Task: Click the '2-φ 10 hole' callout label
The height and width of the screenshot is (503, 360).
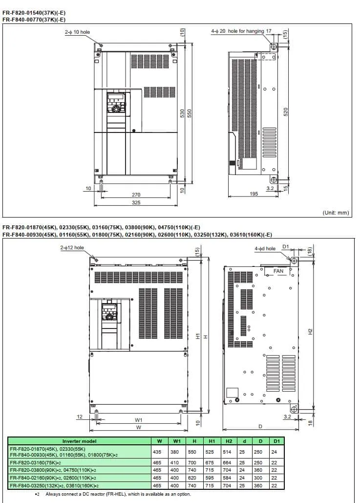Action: (77, 32)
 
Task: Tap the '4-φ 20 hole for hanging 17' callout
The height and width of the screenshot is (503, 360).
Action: (241, 31)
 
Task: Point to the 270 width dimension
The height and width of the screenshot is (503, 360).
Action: (136, 195)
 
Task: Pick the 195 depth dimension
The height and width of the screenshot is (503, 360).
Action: (254, 194)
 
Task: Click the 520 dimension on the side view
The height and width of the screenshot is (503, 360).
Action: (286, 112)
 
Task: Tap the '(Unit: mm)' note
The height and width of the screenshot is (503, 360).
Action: (336, 213)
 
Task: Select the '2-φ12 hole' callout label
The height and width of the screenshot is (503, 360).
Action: (72, 248)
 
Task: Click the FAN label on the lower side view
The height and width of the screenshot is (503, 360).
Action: (278, 271)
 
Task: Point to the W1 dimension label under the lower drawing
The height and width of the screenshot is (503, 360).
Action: (139, 420)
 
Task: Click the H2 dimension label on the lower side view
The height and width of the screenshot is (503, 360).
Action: (310, 331)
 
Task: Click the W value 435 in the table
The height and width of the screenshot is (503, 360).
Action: (157, 452)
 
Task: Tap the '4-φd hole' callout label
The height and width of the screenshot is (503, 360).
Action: (265, 248)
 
